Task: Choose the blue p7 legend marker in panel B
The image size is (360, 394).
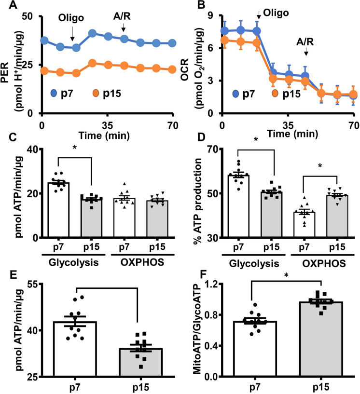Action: [x=236, y=94]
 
